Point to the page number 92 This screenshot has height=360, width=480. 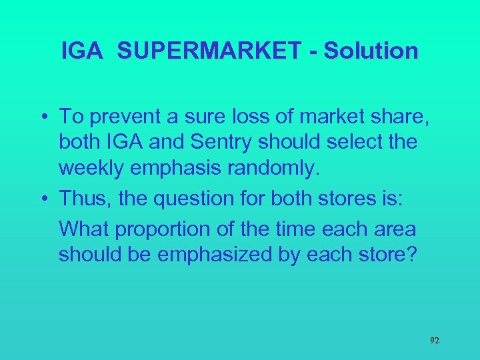click(x=434, y=340)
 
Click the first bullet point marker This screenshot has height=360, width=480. click(x=41, y=117)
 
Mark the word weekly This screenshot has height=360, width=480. click(x=95, y=168)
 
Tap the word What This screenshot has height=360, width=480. click(x=84, y=230)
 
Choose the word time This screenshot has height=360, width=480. click(x=289, y=230)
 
